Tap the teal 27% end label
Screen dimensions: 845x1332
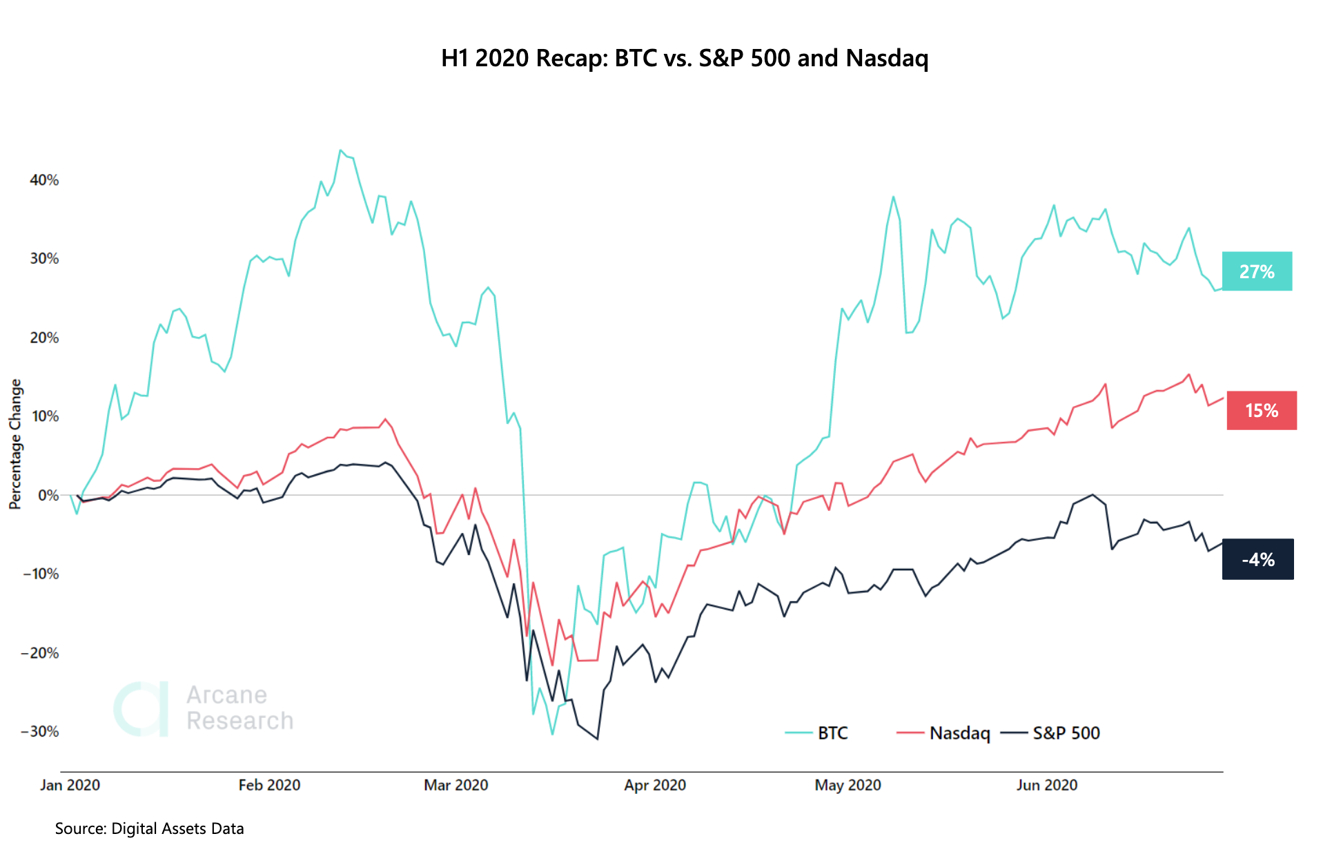(1256, 271)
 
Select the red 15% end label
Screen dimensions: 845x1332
(1261, 411)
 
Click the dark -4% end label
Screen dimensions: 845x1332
(1257, 559)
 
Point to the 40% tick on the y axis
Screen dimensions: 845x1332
(44, 180)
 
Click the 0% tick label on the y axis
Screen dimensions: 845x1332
(48, 495)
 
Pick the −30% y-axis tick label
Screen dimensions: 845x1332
(40, 732)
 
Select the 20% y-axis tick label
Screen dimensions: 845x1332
(44, 338)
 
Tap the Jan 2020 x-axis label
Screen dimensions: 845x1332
(70, 785)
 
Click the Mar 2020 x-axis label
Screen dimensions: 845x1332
(456, 785)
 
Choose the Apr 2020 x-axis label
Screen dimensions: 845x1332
(654, 785)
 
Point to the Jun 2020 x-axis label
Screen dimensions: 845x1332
(1046, 785)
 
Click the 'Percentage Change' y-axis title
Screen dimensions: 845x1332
(15, 444)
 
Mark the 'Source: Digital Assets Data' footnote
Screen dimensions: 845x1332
(149, 828)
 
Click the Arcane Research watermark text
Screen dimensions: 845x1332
(239, 708)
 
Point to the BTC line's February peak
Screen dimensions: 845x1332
(341, 150)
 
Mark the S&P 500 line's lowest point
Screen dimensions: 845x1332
(597, 739)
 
